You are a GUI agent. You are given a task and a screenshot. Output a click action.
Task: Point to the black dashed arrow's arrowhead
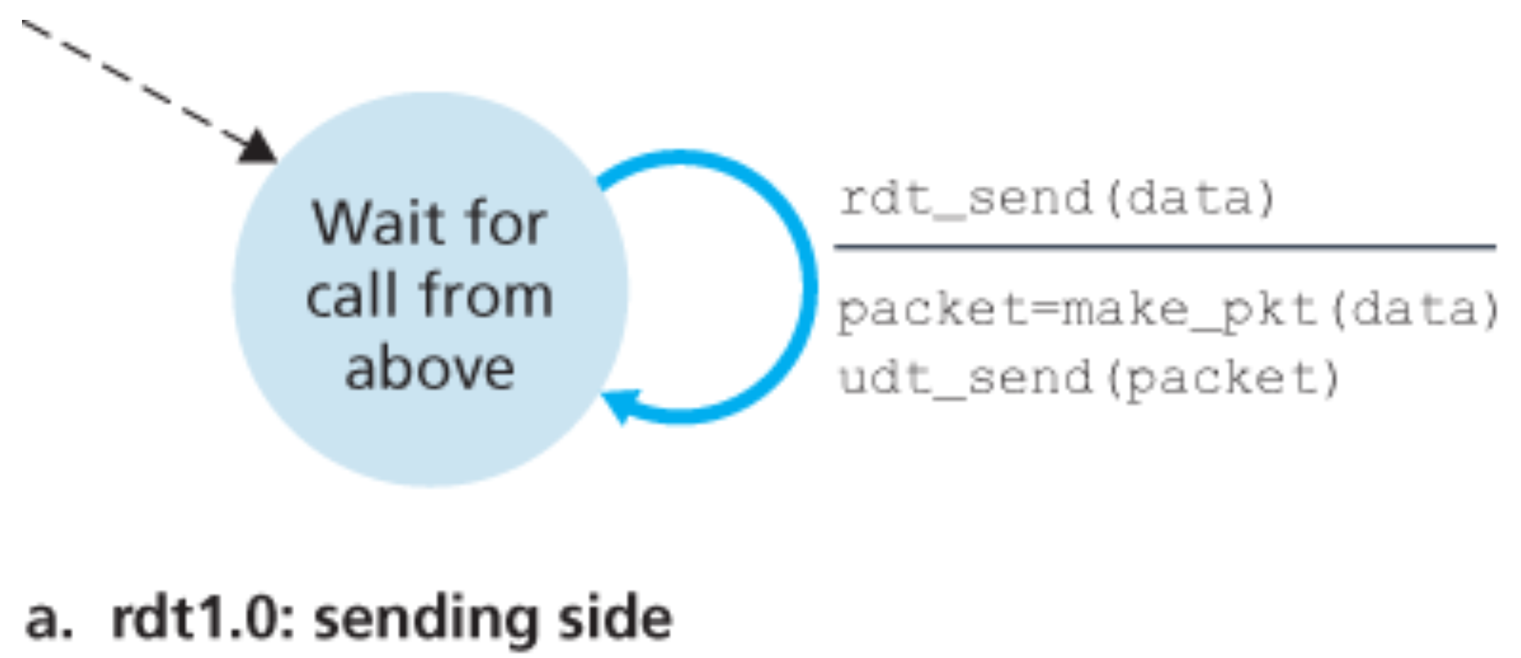tap(258, 147)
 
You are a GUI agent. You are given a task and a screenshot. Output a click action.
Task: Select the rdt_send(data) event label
tap(1056, 198)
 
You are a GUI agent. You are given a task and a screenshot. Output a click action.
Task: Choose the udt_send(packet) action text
tap(1089, 378)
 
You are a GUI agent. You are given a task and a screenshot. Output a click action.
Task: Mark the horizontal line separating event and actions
tap(1164, 247)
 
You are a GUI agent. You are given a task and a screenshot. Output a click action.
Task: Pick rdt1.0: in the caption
tap(203, 618)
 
